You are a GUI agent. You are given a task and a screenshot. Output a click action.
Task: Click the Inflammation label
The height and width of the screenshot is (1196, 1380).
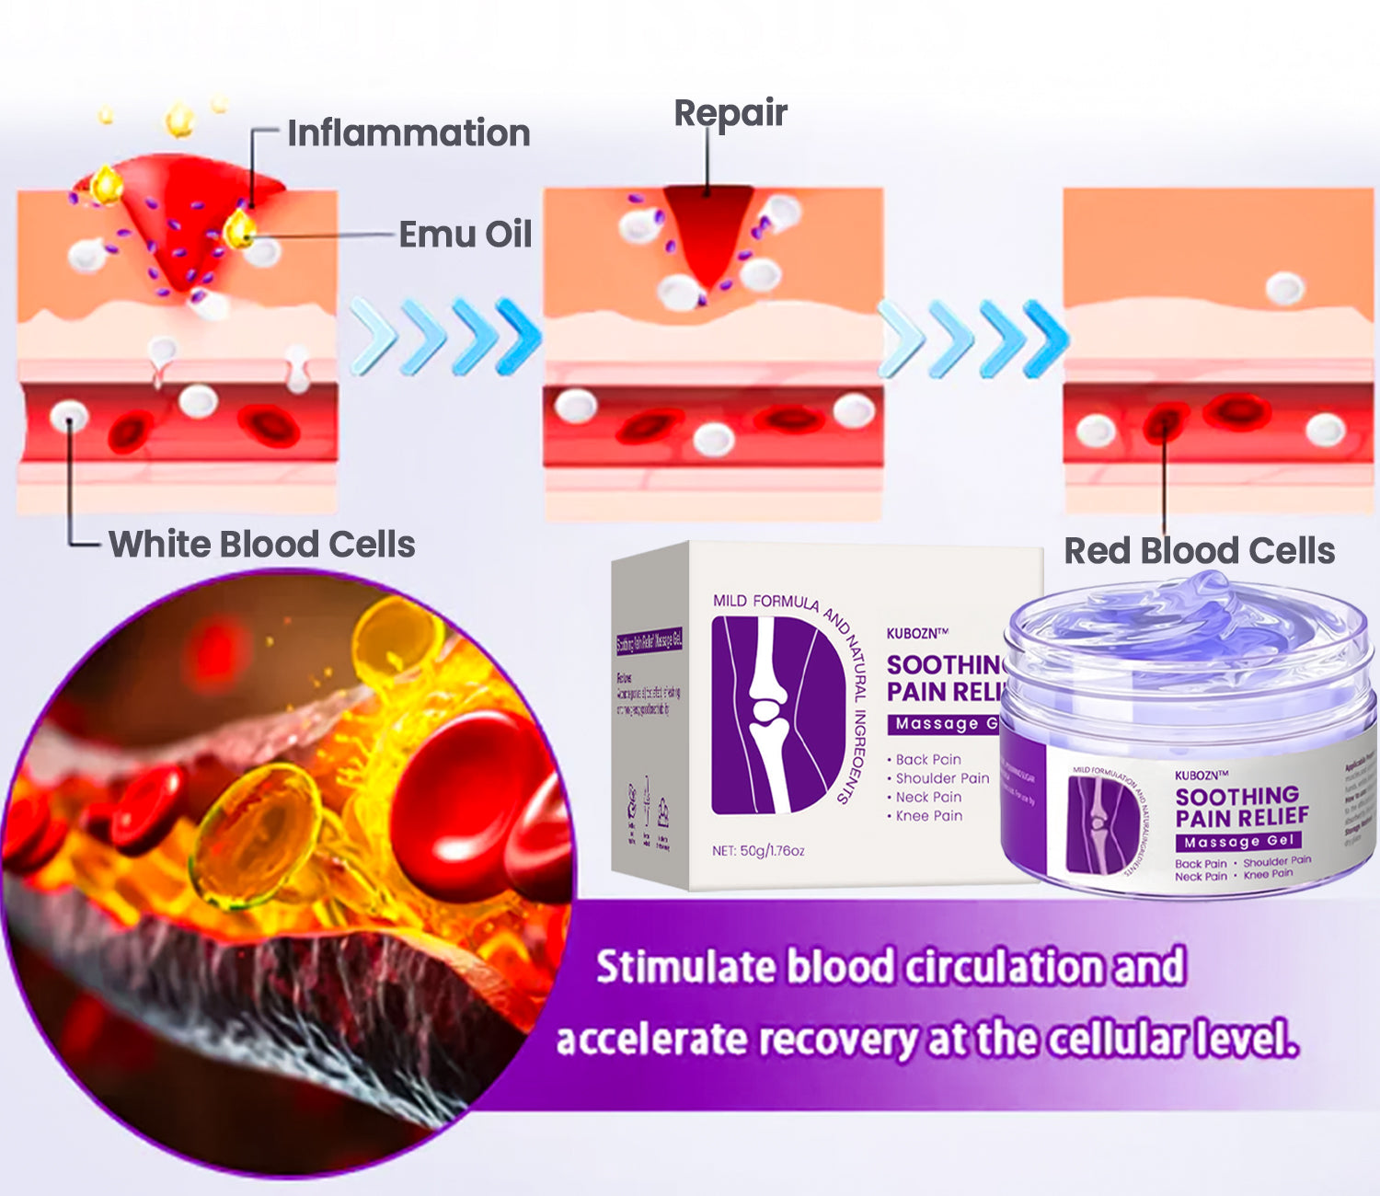click(x=408, y=133)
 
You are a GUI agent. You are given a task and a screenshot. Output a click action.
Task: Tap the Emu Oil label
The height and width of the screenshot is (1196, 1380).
click(x=465, y=235)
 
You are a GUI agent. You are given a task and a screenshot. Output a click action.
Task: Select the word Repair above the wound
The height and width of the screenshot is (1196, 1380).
click(x=730, y=113)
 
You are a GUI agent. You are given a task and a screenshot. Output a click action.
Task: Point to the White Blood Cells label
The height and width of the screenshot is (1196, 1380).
click(x=261, y=544)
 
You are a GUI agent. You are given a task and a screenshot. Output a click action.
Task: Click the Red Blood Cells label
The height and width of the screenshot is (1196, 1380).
click(x=1199, y=550)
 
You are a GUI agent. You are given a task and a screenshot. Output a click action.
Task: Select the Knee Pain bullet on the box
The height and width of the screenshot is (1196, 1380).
click(x=928, y=815)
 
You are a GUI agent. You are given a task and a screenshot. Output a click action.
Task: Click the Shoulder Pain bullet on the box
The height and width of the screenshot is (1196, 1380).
click(x=941, y=778)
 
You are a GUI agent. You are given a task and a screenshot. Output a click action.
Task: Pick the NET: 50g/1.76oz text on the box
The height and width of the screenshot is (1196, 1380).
click(x=758, y=850)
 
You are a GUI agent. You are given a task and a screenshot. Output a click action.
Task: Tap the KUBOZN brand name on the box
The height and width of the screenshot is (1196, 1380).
click(x=916, y=634)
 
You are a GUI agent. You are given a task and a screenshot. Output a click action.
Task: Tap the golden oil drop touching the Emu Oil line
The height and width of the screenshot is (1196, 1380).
click(x=240, y=229)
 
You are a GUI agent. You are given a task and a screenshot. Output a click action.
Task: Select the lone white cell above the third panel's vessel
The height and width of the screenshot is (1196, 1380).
click(x=1284, y=289)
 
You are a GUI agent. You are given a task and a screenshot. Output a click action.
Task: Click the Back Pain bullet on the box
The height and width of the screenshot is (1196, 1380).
click(x=927, y=759)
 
